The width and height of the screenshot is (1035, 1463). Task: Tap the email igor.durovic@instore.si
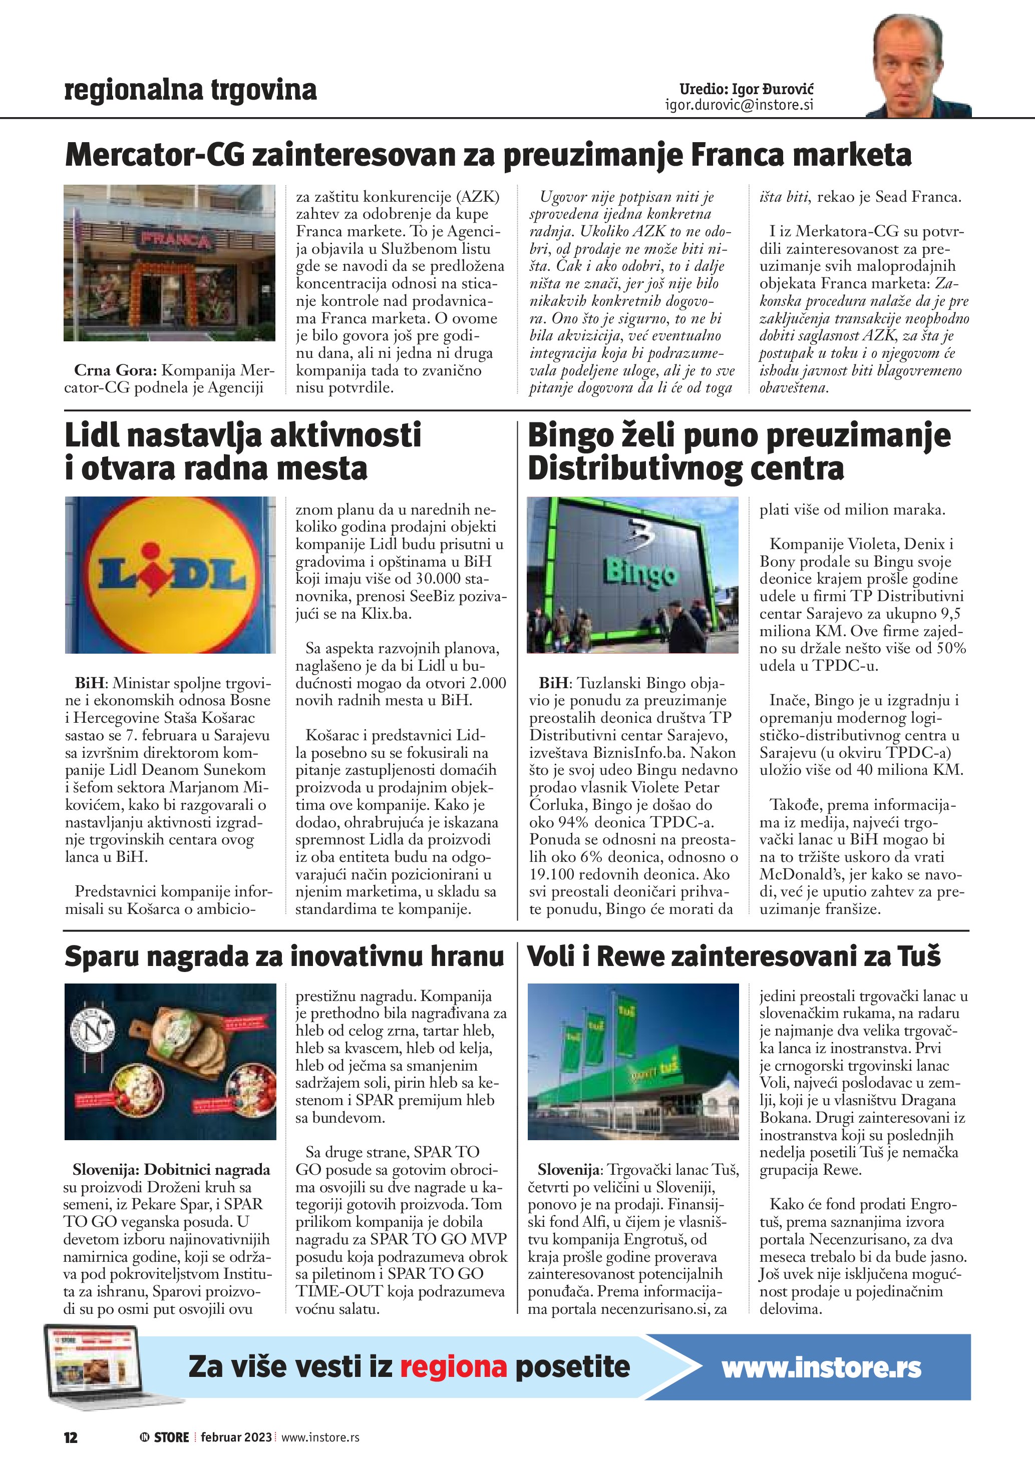coord(739,105)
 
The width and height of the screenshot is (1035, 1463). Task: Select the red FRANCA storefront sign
coord(175,240)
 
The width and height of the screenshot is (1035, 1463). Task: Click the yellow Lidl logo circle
coord(171,575)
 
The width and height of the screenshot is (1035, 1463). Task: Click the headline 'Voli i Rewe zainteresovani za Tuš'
coord(734,956)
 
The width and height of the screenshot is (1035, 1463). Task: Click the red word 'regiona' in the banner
coord(453,1367)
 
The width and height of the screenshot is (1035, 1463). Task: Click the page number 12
coord(70,1437)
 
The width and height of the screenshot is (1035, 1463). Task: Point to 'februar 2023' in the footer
coord(236,1437)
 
